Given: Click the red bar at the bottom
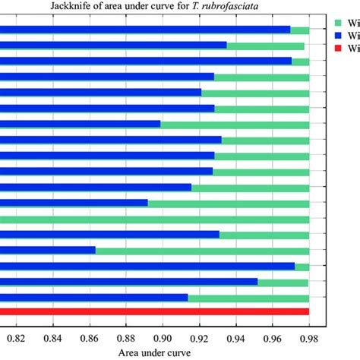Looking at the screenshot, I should coord(152,311).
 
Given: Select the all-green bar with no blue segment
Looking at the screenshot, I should coord(152,219).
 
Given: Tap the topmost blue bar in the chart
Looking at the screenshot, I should coord(144,30).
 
